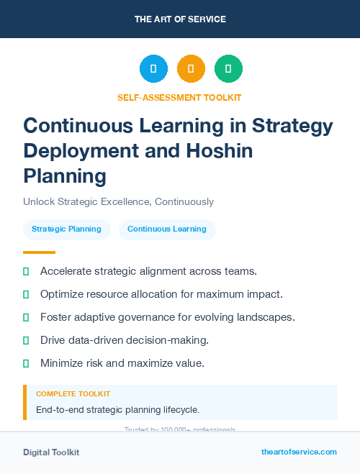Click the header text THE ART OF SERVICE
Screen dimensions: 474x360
click(x=180, y=19)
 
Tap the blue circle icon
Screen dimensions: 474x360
click(x=153, y=68)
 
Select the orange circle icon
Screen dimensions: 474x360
click(x=191, y=68)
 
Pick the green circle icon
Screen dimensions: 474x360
click(x=228, y=68)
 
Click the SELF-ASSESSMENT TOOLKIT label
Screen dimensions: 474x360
click(x=179, y=97)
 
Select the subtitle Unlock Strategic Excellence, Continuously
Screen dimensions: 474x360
click(x=118, y=201)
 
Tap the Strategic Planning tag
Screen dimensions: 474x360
click(x=66, y=229)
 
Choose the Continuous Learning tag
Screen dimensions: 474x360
click(x=167, y=229)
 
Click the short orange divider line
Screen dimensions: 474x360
click(x=39, y=252)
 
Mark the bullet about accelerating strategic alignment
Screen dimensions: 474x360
click(x=148, y=271)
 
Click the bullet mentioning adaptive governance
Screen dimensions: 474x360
click(x=168, y=317)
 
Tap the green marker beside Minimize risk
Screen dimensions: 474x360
click(x=26, y=364)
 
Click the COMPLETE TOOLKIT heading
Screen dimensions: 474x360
click(x=73, y=394)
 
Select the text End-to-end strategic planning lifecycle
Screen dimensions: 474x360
click(x=117, y=410)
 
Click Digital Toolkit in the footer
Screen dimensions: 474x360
click(x=51, y=452)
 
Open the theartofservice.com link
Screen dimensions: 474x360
click(x=299, y=452)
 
